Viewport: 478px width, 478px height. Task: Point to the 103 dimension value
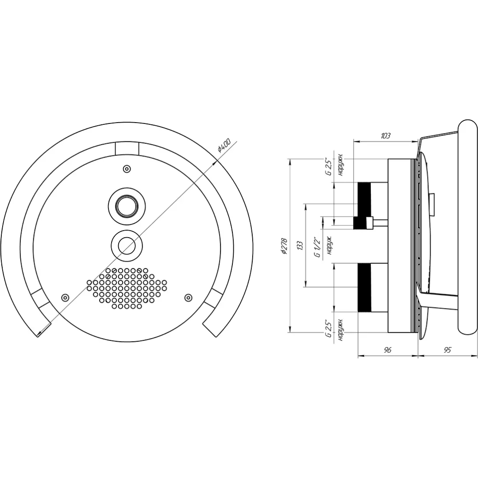tap(385, 136)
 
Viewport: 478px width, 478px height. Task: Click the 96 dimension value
tap(387, 350)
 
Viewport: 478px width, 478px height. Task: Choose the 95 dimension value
tap(447, 350)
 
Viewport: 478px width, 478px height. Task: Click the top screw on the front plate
tap(127, 169)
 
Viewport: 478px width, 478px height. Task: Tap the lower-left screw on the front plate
tap(65, 297)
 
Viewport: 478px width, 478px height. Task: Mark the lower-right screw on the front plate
tap(188, 297)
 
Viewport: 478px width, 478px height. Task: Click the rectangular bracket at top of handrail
tap(127, 148)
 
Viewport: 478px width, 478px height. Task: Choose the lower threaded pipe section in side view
tap(364, 288)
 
